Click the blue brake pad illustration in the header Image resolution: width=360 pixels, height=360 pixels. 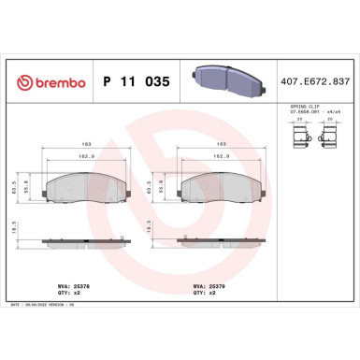point(223,81)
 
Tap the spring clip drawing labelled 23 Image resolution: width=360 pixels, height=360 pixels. point(301,138)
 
